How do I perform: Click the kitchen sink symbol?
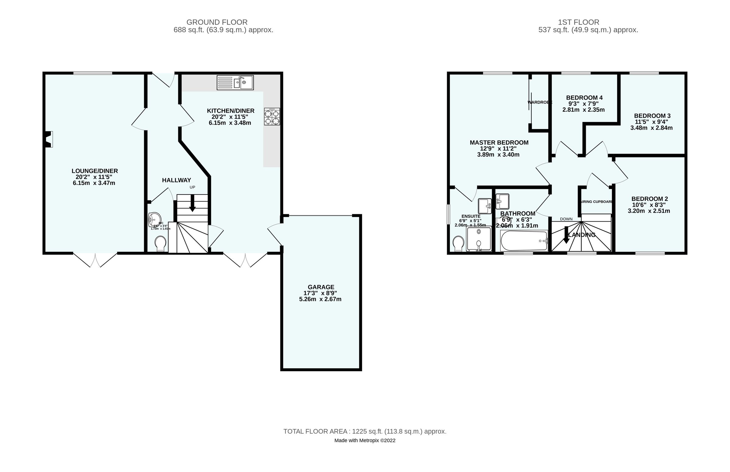[235, 82]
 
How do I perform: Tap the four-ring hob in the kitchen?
[272, 117]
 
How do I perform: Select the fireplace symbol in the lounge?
[49, 139]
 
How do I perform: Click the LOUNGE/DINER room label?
[95, 171]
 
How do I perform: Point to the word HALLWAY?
[176, 180]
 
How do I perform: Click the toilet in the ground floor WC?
[160, 244]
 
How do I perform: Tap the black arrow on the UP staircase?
[192, 204]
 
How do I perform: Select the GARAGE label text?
[321, 287]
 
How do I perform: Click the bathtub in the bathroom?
[524, 241]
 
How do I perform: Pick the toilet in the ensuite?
[458, 244]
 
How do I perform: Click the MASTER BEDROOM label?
[499, 142]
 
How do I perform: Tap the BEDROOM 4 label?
[584, 98]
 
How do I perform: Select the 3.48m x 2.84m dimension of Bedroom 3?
[651, 128]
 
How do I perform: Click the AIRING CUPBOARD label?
[596, 202]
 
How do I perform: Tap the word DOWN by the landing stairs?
[566, 219]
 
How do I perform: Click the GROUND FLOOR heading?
[217, 22]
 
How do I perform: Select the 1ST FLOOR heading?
[578, 22]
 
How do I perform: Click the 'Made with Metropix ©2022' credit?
[364, 440]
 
